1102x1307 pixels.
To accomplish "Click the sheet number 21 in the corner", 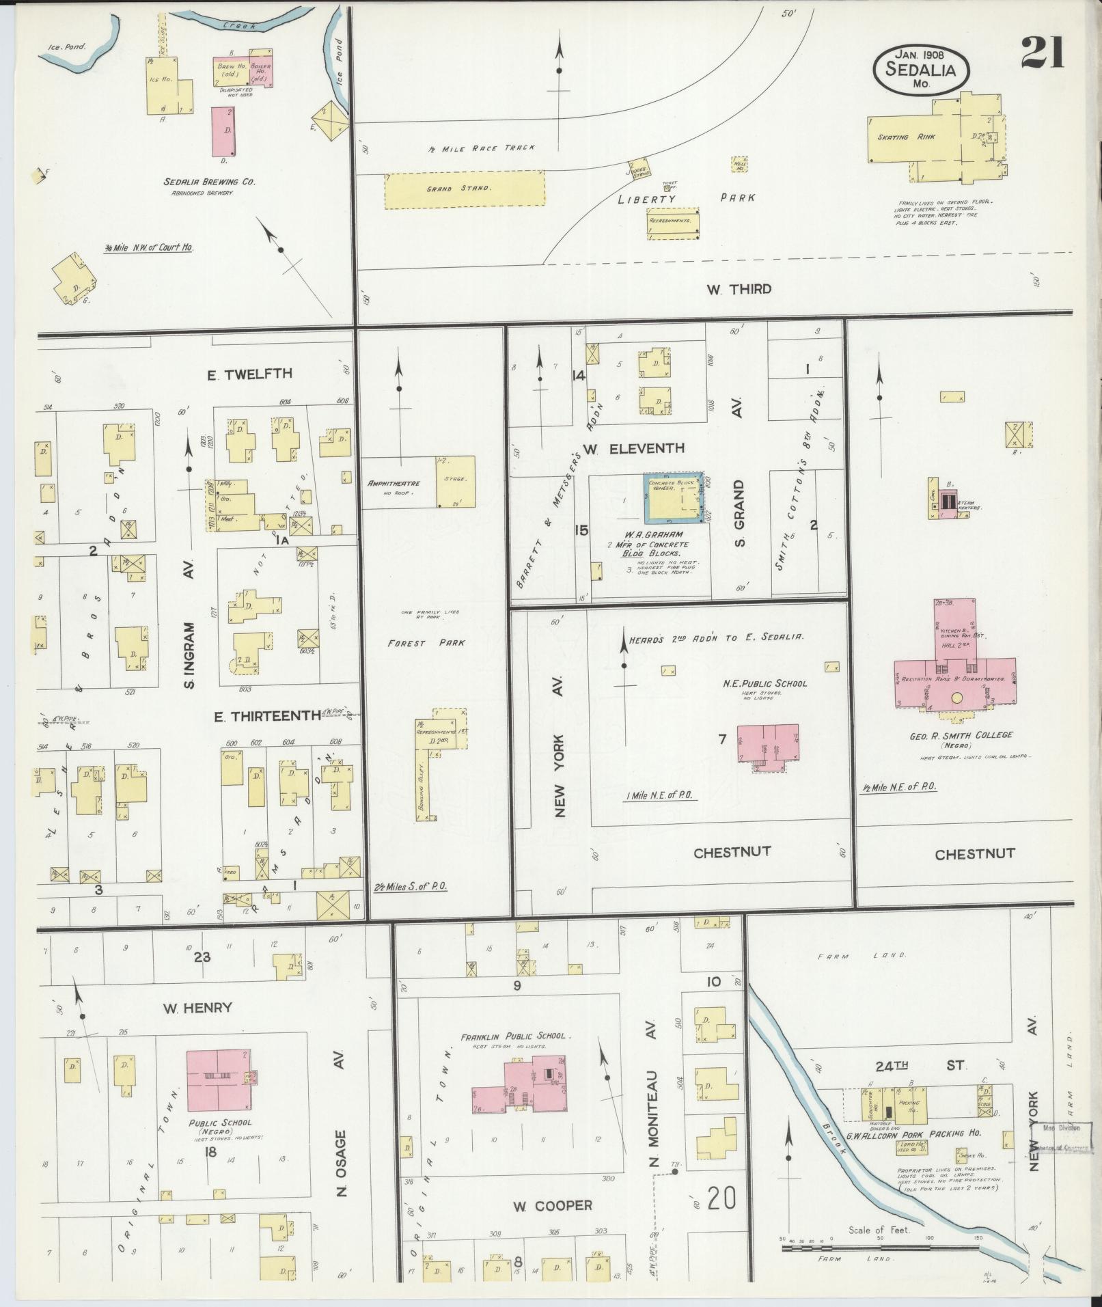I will click(x=1043, y=53).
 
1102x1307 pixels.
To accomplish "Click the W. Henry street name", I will click(x=197, y=1007).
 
